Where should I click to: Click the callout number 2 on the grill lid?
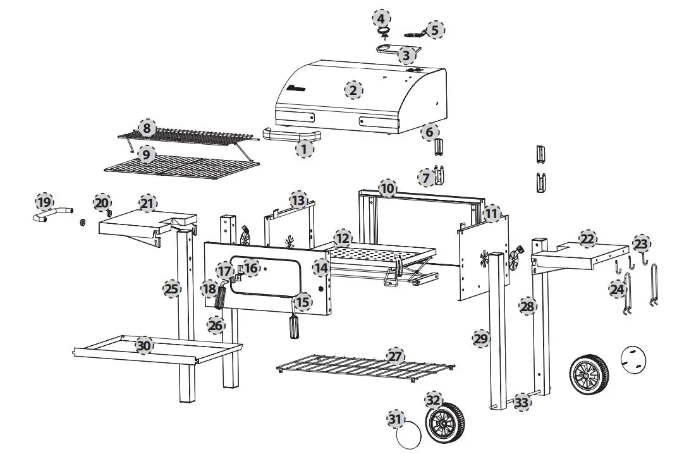click(x=353, y=90)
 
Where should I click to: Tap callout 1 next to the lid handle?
click(x=305, y=149)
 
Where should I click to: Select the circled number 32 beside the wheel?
click(x=433, y=400)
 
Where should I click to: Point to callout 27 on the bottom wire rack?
click(x=395, y=357)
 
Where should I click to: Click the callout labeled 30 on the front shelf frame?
click(x=145, y=346)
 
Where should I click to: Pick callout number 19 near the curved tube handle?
click(x=44, y=202)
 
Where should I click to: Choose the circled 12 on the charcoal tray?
click(x=343, y=238)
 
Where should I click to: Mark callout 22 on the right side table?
click(x=587, y=238)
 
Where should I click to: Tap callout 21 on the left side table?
click(x=147, y=204)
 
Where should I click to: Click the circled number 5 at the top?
click(x=434, y=29)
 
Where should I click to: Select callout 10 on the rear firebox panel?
click(x=387, y=188)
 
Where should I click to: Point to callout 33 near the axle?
click(x=521, y=402)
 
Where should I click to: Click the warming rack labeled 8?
click(x=190, y=135)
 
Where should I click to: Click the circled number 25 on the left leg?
click(x=171, y=289)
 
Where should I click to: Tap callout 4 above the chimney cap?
click(x=382, y=17)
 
